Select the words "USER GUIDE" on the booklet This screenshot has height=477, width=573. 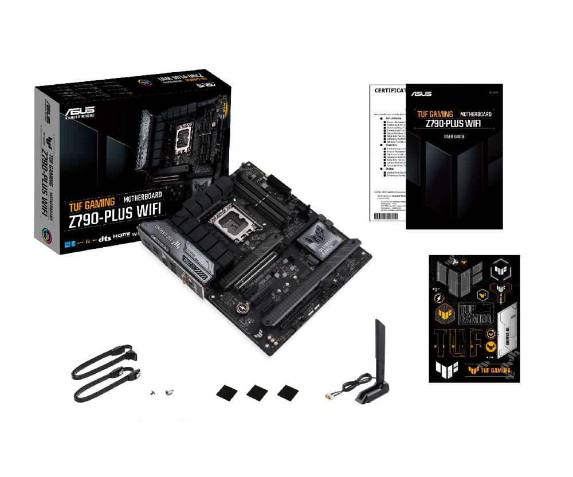tap(454, 136)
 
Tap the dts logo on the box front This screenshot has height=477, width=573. tap(104, 237)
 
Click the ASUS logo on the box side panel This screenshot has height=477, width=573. tap(46, 112)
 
